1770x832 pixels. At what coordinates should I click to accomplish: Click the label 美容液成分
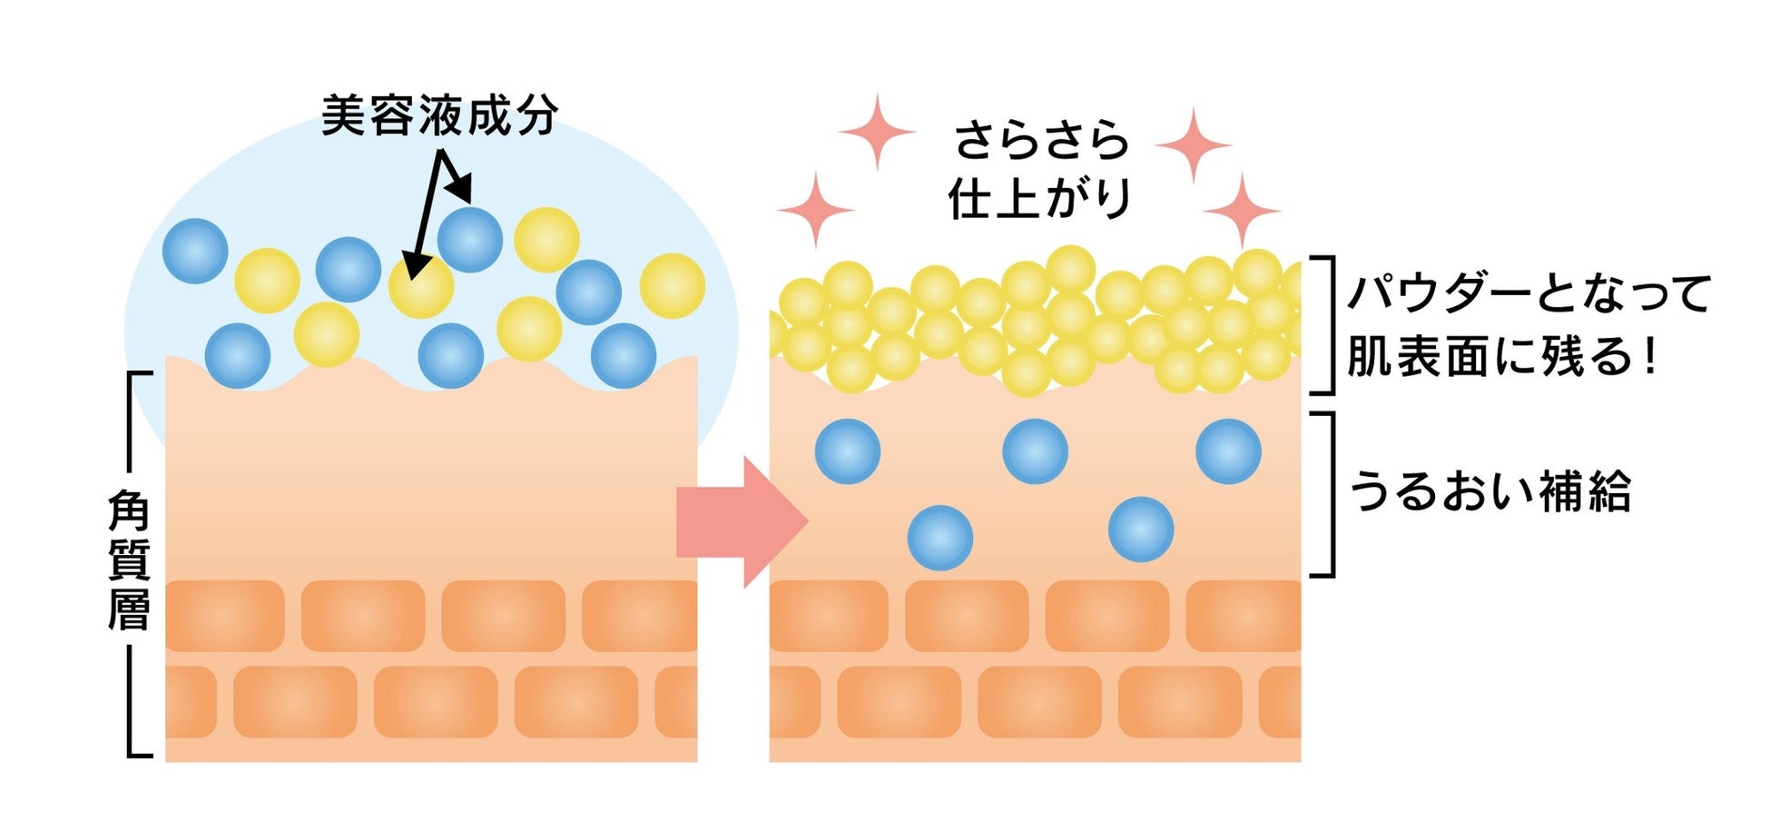click(x=439, y=116)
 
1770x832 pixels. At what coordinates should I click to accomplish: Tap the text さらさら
click(x=1041, y=142)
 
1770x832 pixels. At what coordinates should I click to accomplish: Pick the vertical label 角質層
click(x=129, y=561)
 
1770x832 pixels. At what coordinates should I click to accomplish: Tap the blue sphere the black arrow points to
click(x=469, y=240)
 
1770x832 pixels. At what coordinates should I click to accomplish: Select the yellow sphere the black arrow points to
click(x=420, y=286)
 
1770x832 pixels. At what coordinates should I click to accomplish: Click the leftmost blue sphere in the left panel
click(x=195, y=251)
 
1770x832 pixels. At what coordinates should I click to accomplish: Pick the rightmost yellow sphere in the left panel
click(x=672, y=286)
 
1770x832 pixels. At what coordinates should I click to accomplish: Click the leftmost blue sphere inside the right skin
click(x=847, y=451)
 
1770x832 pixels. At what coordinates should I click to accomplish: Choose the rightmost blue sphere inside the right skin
click(x=1228, y=451)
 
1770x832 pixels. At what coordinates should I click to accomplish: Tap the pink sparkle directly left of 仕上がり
click(x=815, y=209)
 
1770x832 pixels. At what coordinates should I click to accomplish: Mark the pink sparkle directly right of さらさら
click(x=1194, y=144)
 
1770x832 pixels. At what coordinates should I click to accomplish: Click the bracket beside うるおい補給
click(x=1327, y=494)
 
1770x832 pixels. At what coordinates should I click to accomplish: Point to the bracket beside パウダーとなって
click(x=1327, y=325)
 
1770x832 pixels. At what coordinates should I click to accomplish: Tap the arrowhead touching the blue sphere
click(x=462, y=190)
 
